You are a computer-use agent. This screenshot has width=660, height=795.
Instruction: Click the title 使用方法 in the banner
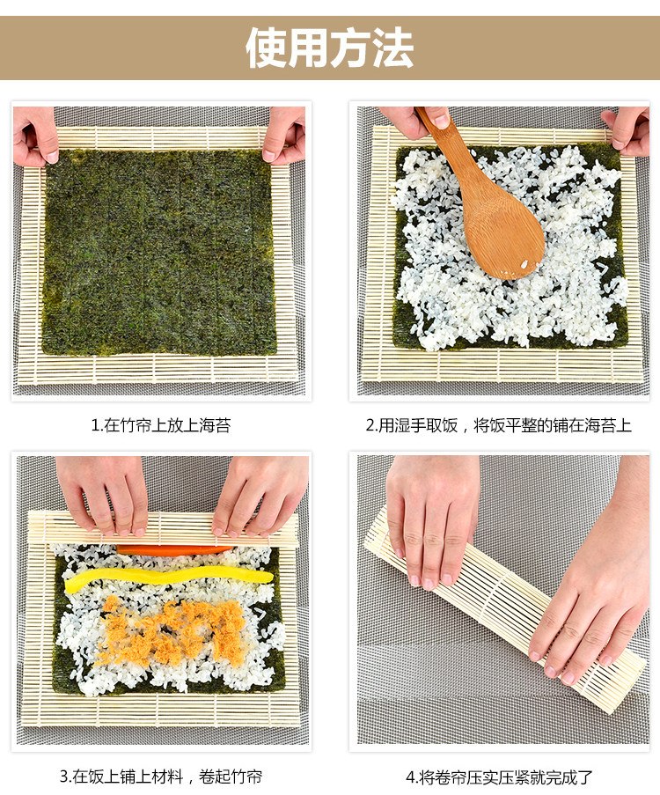pyautogui.click(x=329, y=48)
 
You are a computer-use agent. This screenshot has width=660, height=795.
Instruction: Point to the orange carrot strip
pyautogui.click(x=175, y=549)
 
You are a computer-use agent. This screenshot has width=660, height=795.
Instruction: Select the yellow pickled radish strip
pyautogui.click(x=169, y=579)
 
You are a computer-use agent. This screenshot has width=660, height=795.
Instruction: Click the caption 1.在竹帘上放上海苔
pyautogui.click(x=161, y=425)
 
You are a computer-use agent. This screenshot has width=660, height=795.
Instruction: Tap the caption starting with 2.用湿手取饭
pyautogui.click(x=499, y=425)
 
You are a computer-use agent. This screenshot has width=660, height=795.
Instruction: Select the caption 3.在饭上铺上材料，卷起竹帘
pyautogui.click(x=161, y=777)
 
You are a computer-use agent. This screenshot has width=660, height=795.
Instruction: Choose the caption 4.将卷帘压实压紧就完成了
pyautogui.click(x=499, y=777)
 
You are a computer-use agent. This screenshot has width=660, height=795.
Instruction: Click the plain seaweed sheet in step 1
pyautogui.click(x=159, y=252)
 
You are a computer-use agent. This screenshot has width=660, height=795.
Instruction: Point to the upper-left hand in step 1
pyautogui.click(x=34, y=136)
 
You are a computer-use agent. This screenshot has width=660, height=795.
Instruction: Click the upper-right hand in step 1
pyautogui.click(x=284, y=135)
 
